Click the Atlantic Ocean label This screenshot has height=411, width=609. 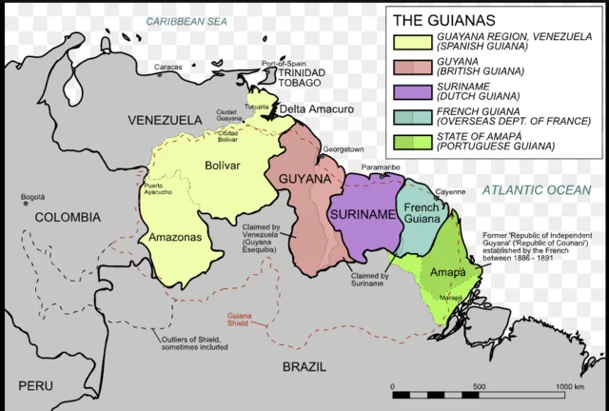pos(535,190)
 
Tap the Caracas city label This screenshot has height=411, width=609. pos(167,68)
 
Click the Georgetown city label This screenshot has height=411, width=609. pos(343,149)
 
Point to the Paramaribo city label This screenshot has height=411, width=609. pos(379,167)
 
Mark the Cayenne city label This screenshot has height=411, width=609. pos(451,192)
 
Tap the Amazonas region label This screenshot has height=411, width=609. pos(173,236)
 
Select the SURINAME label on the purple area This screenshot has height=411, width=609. pos(362,215)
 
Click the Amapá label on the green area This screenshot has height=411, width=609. pos(446,272)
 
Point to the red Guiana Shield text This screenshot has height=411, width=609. pos(240,319)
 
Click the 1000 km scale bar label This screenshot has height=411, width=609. pos(569,386)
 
